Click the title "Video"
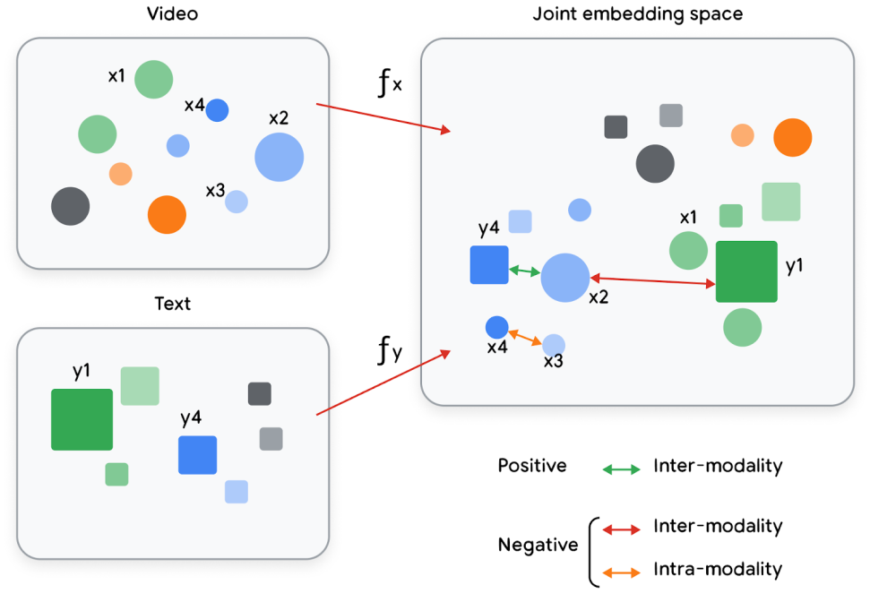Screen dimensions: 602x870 coord(173,14)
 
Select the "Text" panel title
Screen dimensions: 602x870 coord(172,304)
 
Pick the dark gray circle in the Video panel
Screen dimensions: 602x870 coord(70,206)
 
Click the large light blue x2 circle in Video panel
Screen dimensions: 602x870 coord(279,157)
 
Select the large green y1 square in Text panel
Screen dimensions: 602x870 coord(82,419)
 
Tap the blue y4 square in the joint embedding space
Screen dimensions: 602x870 coord(489,264)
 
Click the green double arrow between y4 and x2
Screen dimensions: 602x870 coord(524,270)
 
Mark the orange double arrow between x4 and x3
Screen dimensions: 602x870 coord(525,337)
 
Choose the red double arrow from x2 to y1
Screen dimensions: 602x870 coord(651,281)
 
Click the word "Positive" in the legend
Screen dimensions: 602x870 coord(532,466)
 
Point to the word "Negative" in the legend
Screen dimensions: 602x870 coord(538,545)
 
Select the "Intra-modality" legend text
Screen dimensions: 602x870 coord(718,569)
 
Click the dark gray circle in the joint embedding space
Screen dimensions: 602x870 coord(655,164)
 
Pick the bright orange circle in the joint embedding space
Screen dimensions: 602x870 coord(792,137)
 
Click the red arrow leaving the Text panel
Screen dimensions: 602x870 coord(383,383)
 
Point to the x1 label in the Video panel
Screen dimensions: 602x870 coord(116,76)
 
